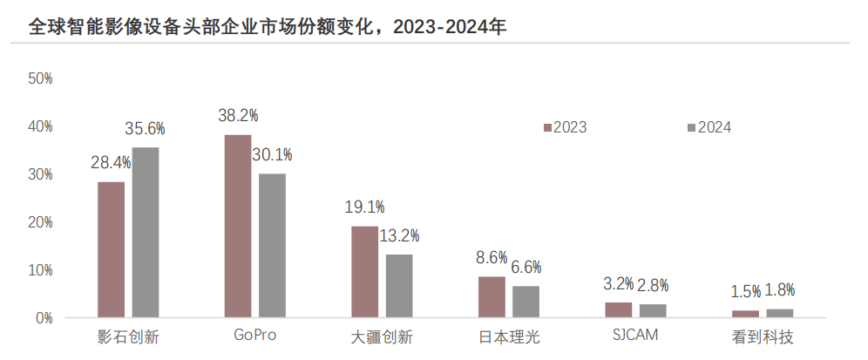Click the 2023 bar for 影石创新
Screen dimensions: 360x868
tap(111, 249)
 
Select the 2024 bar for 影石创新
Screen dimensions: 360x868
tap(146, 232)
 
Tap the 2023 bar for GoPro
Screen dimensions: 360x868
tap(238, 226)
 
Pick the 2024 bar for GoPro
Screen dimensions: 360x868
tap(272, 245)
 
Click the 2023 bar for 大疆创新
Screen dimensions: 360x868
tap(364, 271)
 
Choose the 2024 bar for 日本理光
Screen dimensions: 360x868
tap(526, 301)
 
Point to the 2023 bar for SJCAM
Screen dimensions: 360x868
tap(618, 309)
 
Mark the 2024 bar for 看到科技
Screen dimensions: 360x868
tap(779, 313)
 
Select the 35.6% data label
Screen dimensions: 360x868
tap(145, 129)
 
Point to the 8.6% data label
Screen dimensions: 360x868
tap(492, 258)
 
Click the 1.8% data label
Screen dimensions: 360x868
tap(779, 291)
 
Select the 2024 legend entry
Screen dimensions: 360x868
tap(709, 127)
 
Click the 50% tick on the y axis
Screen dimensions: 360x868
tap(41, 78)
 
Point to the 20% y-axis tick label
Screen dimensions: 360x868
tap(41, 222)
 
